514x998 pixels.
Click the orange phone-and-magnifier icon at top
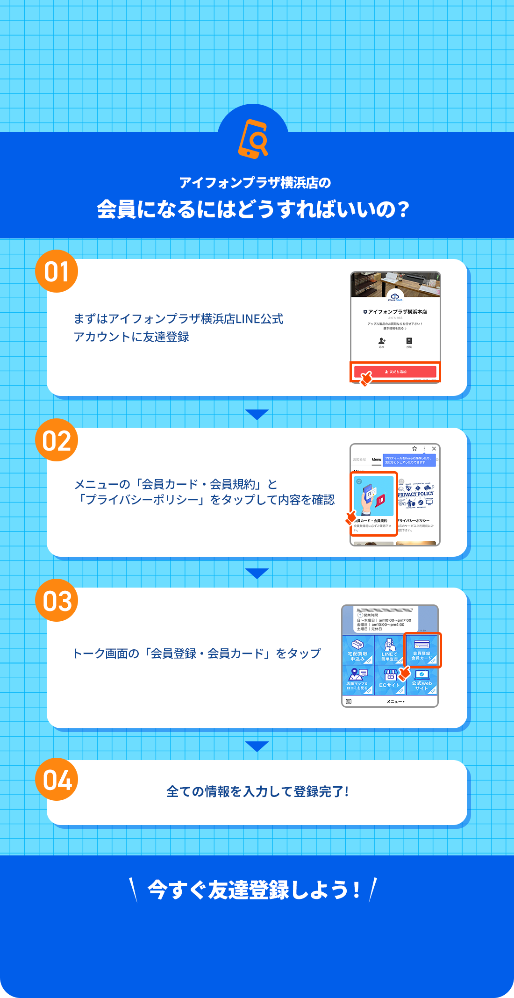pos(253,139)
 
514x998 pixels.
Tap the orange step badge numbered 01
pos(57,272)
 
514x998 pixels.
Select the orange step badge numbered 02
pos(57,440)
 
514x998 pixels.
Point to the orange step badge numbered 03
pos(57,601)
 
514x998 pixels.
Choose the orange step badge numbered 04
pos(57,780)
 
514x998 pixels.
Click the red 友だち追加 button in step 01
pos(395,372)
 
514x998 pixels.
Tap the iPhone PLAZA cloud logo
pos(395,297)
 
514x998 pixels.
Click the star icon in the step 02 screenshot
pos(414,449)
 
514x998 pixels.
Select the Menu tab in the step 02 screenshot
pos(376,460)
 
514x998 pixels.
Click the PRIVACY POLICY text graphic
pos(416,494)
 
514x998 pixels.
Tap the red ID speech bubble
pos(380,500)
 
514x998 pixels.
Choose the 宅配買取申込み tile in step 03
pos(358,650)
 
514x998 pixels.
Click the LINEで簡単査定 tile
pos(389,650)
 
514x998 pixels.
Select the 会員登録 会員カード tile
pos(421,650)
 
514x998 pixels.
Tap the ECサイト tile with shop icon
pos(389,680)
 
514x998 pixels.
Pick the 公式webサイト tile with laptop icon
pos(421,680)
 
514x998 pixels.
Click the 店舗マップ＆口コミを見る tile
pos(358,680)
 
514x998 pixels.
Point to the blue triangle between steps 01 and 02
pos(257,414)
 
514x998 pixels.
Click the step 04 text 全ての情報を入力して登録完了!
pos(257,792)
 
